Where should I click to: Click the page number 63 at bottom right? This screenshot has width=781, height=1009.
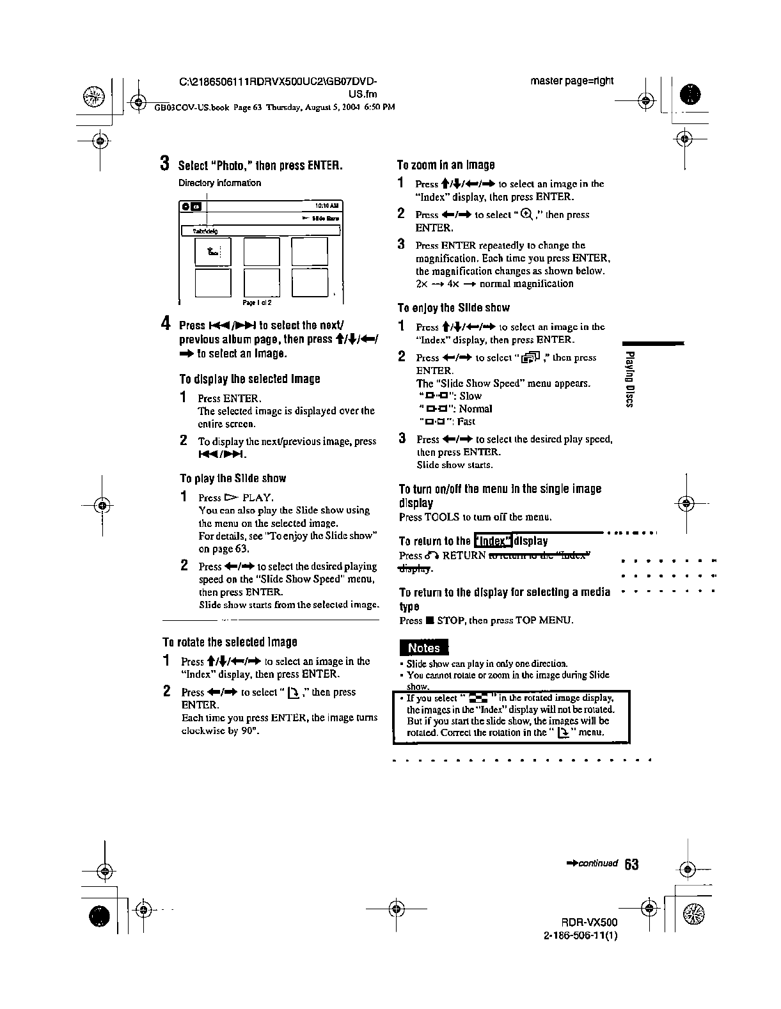click(x=631, y=864)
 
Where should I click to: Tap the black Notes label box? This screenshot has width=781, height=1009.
click(x=423, y=648)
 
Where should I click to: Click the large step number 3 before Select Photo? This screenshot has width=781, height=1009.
click(x=165, y=164)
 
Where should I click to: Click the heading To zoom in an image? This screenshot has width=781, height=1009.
click(x=446, y=165)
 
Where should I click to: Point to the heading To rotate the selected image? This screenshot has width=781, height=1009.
click(x=230, y=642)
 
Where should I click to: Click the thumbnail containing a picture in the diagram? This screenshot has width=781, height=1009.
click(x=213, y=251)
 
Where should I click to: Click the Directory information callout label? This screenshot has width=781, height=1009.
click(x=219, y=183)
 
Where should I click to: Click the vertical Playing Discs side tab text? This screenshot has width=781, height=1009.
click(x=630, y=379)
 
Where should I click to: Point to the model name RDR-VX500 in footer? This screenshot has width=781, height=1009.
click(x=589, y=923)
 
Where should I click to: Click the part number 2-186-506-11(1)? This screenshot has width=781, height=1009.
click(x=580, y=935)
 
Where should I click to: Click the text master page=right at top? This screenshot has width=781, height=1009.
click(x=572, y=81)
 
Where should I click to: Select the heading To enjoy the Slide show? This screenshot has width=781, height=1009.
click(x=454, y=308)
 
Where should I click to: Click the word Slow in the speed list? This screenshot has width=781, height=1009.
click(x=470, y=396)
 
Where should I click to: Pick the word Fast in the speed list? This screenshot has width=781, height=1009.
click(x=466, y=421)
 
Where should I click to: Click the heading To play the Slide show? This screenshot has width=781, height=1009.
click(x=233, y=478)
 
